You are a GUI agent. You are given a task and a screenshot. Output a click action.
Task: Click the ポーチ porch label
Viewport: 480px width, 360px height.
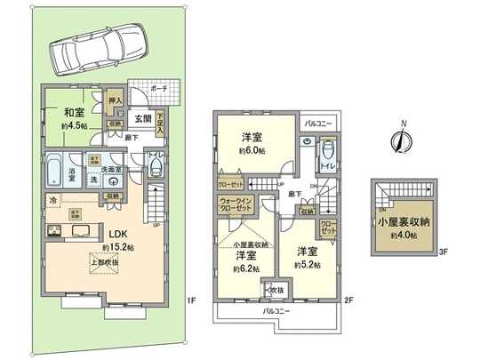[158, 90]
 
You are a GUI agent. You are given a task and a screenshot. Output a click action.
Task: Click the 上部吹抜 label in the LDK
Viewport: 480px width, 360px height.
[106, 263]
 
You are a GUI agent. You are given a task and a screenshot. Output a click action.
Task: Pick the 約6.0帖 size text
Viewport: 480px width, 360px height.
[252, 151]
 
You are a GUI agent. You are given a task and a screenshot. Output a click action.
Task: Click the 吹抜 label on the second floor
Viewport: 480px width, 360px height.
[276, 290]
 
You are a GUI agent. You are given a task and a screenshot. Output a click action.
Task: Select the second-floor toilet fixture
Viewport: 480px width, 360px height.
[326, 149]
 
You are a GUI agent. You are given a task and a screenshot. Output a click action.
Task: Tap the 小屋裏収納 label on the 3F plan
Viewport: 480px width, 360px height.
[404, 224]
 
